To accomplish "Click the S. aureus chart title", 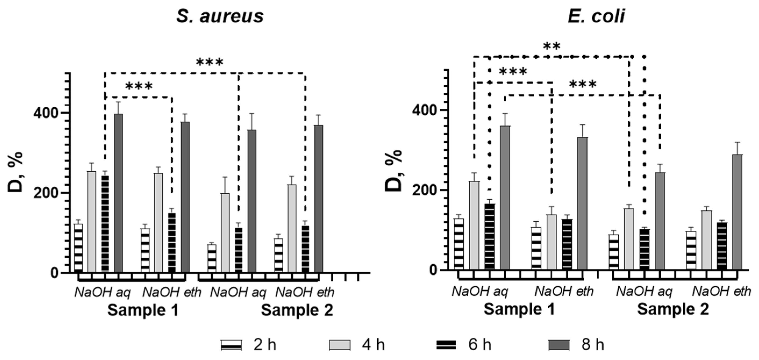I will (220, 16).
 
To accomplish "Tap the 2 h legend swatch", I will (231, 345).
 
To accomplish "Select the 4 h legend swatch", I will (340, 345).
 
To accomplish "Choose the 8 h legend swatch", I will (559, 345).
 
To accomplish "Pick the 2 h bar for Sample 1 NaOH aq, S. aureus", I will (78, 247).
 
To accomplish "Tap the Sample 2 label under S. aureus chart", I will (297, 311).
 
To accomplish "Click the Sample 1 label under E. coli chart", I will (519, 309).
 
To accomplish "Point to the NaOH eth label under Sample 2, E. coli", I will (721, 292).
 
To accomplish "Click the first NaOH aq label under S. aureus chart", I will (102, 293).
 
